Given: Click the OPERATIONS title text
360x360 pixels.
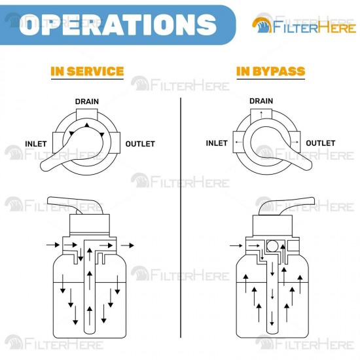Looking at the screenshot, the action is [118, 24].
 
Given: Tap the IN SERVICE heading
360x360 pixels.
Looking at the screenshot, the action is [87, 71].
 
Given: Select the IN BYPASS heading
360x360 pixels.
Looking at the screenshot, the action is [271, 71].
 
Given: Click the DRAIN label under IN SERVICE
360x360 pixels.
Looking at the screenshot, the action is [87, 101].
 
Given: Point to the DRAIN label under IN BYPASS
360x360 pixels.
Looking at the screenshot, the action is [261, 101].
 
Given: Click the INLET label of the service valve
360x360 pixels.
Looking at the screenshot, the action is [36, 144].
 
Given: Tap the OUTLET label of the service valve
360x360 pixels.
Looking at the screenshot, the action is [140, 144].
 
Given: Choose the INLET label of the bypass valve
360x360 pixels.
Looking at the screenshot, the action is [217, 143].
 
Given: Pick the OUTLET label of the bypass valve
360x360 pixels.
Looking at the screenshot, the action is [321, 143].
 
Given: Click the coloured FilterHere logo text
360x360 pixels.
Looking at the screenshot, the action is [314, 27].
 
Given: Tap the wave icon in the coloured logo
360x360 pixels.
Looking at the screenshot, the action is [262, 26].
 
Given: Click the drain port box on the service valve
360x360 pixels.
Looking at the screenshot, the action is [87, 115].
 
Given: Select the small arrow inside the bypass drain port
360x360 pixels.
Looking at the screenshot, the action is [261, 114].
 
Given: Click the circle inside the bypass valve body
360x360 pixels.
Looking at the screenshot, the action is [272, 246].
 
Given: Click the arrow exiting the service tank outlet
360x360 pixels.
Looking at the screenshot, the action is [127, 245].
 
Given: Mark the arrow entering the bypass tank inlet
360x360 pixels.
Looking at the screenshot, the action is [236, 245].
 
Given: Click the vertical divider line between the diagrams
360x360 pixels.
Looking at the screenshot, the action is [181, 218].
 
